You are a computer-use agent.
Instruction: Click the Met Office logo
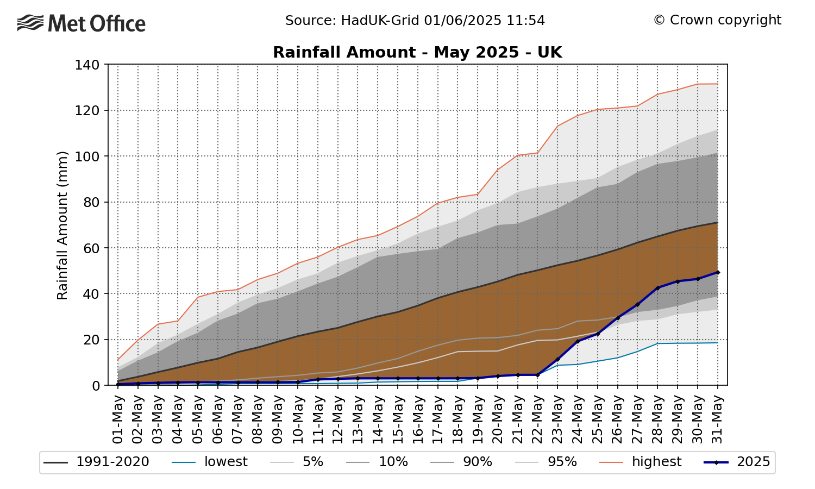81,23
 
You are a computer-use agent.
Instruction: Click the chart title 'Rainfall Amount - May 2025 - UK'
417,52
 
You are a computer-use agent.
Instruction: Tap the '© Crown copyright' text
717,20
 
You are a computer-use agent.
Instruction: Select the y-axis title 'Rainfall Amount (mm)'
62,225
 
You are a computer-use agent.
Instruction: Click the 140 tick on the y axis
87,65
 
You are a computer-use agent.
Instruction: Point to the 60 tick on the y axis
91,248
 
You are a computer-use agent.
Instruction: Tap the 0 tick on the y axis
96,385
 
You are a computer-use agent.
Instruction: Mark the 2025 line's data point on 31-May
718,272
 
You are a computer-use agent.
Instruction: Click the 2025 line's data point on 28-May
657,287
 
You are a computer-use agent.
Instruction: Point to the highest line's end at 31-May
718,84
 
